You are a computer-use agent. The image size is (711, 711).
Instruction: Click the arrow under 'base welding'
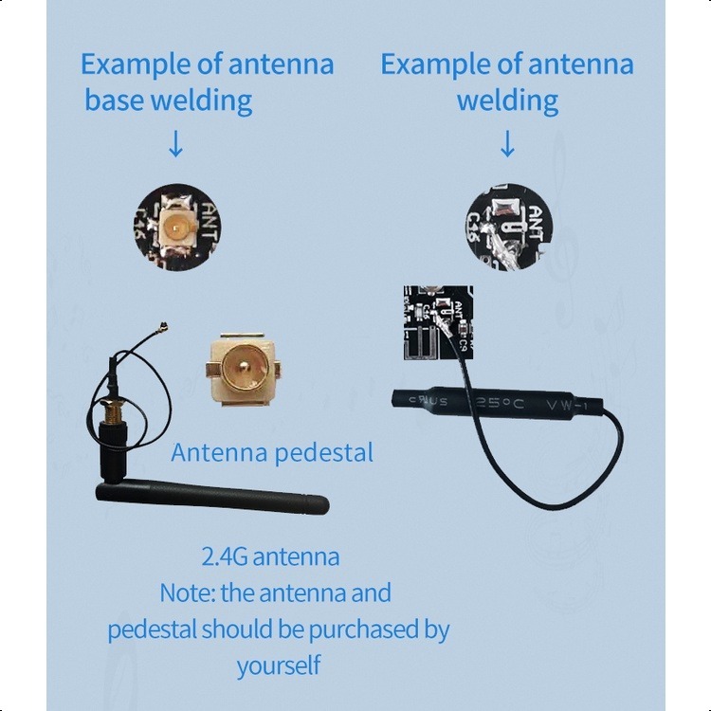(x=175, y=143)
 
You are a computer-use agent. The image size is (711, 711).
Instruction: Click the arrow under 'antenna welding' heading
(x=507, y=143)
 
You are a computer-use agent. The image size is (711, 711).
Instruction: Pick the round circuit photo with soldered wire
(x=507, y=225)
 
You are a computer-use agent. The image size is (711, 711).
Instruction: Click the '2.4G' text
(x=224, y=556)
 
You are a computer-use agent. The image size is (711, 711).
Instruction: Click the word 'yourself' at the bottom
(x=279, y=665)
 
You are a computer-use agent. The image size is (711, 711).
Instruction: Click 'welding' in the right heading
(x=507, y=100)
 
